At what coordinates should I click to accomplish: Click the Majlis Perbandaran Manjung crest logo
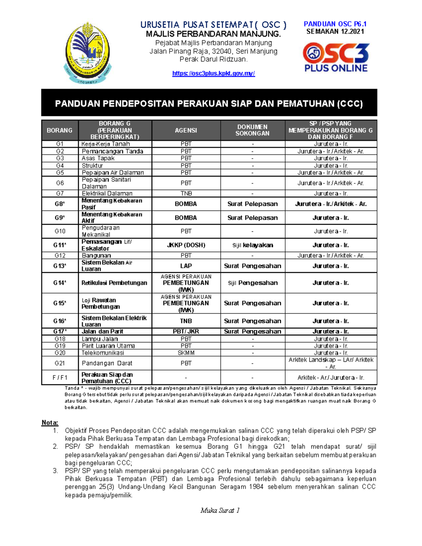88,53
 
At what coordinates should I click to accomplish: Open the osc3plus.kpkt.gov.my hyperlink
213,73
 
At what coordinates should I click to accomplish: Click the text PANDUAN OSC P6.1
335,24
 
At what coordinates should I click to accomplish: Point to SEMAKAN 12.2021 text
335,32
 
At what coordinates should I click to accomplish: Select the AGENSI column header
186,130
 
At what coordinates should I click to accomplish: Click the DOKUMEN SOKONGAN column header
252,130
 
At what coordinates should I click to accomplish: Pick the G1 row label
60,144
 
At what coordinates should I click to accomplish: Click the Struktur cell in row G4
92,166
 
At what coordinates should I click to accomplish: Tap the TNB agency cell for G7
186,193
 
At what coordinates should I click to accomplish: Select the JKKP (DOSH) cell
186,245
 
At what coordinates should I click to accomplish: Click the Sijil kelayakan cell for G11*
252,245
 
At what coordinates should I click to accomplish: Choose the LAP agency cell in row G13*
186,266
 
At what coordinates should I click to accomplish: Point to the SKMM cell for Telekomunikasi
186,353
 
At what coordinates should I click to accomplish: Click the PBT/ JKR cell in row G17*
186,331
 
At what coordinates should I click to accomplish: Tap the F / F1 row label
60,378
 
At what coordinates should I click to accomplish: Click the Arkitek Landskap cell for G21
331,363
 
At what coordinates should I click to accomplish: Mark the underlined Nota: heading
50,423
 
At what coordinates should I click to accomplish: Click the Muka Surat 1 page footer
220,510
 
